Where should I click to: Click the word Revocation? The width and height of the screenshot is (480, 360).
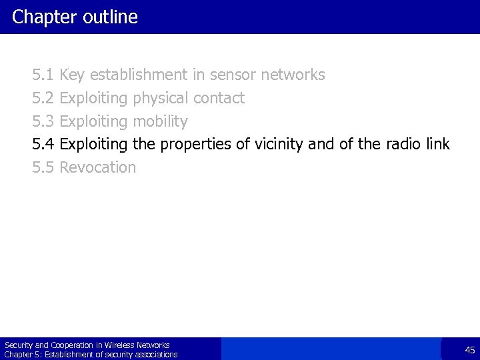[97, 167]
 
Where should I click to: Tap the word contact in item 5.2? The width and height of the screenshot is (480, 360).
[219, 98]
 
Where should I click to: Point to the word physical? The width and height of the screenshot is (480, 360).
[161, 99]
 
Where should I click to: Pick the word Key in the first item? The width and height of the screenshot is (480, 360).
[72, 75]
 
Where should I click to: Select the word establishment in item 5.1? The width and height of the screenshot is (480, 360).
[138, 75]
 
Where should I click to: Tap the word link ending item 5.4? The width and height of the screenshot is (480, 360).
[438, 144]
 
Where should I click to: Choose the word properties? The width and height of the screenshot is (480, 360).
[191, 145]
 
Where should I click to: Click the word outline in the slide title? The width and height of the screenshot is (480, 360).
[112, 17]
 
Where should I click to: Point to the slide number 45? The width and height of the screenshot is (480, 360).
[470, 350]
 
